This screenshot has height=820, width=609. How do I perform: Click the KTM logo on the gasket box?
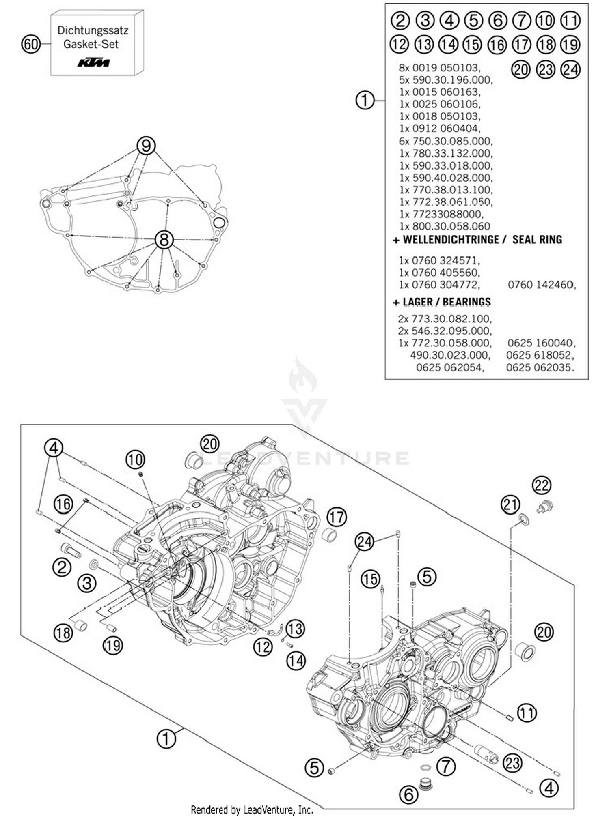(x=94, y=62)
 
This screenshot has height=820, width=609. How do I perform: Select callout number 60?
(x=31, y=44)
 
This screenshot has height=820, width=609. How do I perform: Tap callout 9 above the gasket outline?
(x=146, y=145)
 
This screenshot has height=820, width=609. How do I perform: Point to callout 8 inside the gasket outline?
(x=164, y=240)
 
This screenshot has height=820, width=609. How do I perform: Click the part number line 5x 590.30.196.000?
(x=445, y=80)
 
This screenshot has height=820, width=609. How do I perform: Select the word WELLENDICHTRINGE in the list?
(x=451, y=240)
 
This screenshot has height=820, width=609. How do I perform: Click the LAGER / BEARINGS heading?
(x=446, y=302)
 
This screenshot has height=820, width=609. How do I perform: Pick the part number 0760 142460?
(x=541, y=285)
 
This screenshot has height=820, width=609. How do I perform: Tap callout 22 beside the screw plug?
(x=542, y=485)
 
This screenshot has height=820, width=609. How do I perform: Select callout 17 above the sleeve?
(x=337, y=517)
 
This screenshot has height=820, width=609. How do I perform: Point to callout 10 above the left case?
(x=135, y=459)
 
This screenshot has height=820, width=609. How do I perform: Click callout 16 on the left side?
(x=63, y=504)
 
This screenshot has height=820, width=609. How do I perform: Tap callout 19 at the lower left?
(x=112, y=645)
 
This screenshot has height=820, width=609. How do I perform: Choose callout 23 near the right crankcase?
(x=512, y=763)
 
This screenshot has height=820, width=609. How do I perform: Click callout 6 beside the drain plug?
(x=409, y=794)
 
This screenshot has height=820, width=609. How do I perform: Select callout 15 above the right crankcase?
(x=370, y=579)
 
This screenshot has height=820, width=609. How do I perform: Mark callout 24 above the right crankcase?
(x=364, y=542)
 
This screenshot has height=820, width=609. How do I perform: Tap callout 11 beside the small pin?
(x=527, y=713)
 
